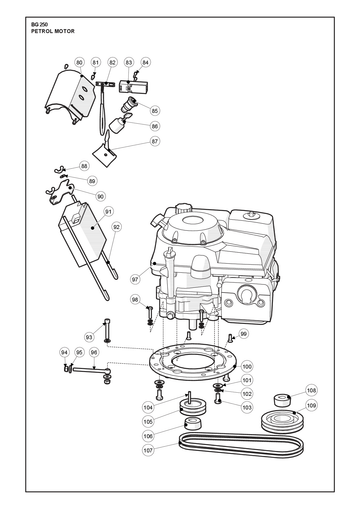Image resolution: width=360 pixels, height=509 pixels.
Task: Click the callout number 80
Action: pos(79,62)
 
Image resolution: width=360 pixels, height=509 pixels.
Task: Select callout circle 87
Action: pos(155,141)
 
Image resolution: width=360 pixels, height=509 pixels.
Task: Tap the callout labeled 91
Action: pos(108,212)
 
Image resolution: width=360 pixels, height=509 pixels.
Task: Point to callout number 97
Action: pos(135,280)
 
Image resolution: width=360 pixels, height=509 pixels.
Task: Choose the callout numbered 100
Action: pos(247,366)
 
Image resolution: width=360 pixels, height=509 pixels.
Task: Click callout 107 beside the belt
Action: pos(148,450)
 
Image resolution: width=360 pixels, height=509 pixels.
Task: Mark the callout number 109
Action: pos(311,406)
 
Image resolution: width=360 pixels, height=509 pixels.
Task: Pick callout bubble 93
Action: pos(89,337)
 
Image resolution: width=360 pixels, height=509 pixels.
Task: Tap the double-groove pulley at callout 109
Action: pos(282,421)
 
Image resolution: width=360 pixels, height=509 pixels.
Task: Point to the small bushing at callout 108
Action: pos(282,400)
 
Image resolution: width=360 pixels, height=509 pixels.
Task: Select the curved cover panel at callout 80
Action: pos(69,95)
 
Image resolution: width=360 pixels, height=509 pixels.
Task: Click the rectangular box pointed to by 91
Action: pos(82,234)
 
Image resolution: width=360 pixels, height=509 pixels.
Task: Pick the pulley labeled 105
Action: pos(193,407)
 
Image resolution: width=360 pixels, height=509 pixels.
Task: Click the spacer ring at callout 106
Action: pos(193,424)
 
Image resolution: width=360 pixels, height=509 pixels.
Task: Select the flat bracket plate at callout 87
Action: pos(104,154)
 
